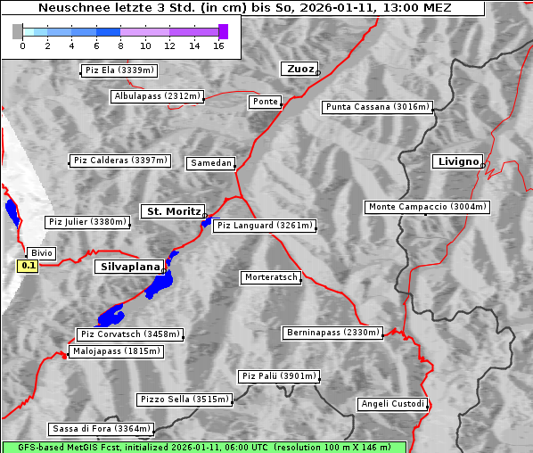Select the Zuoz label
pyautogui.click(x=298, y=69)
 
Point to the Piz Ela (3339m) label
pyautogui.click(x=118, y=70)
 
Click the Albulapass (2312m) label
pyautogui.click(x=157, y=96)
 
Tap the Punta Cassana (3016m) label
pyautogui.click(x=377, y=107)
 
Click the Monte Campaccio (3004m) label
pyautogui.click(x=427, y=207)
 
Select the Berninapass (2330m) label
pyautogui.click(x=332, y=333)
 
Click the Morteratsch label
pyautogui.click(x=270, y=277)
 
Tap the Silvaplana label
pyautogui.click(x=129, y=267)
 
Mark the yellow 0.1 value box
pyautogui.click(x=29, y=265)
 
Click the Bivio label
pyautogui.click(x=41, y=253)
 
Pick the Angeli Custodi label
pyautogui.click(x=392, y=404)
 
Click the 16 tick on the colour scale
pyautogui.click(x=218, y=45)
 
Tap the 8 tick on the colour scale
pyautogui.click(x=120, y=45)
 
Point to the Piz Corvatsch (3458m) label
pyautogui.click(x=130, y=334)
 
